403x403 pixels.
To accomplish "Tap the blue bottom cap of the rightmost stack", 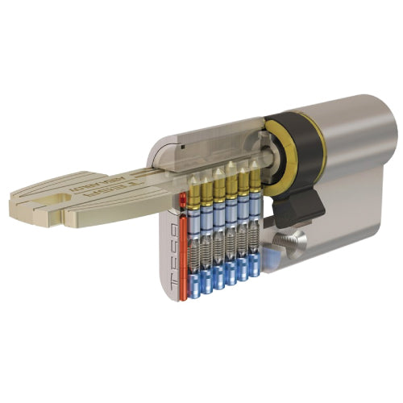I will [255, 266].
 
